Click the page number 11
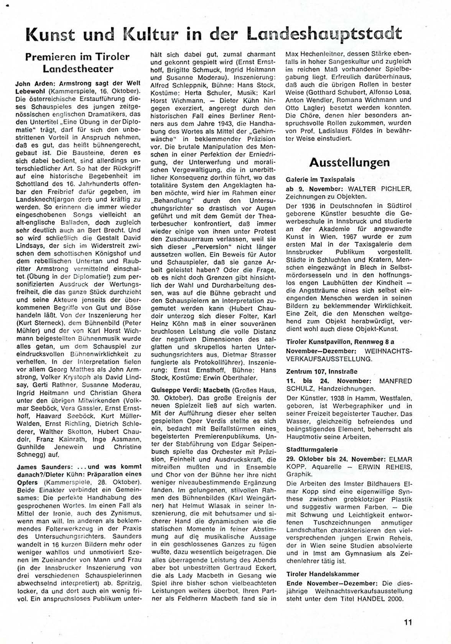click(x=407, y=622)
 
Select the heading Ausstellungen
click(x=349, y=162)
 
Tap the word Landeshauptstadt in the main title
click(x=324, y=34)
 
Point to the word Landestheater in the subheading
click(x=77, y=69)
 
